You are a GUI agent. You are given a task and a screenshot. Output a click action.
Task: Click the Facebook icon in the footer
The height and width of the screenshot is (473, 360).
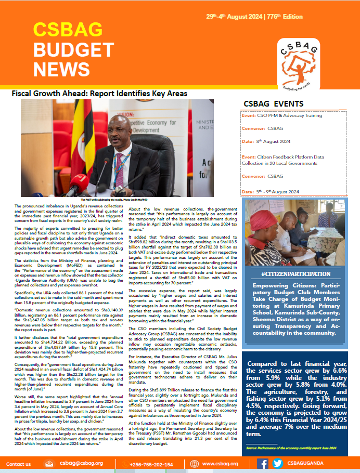(263, 464)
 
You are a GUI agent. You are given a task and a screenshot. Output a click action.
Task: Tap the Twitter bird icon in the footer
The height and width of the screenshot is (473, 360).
(278, 464)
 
